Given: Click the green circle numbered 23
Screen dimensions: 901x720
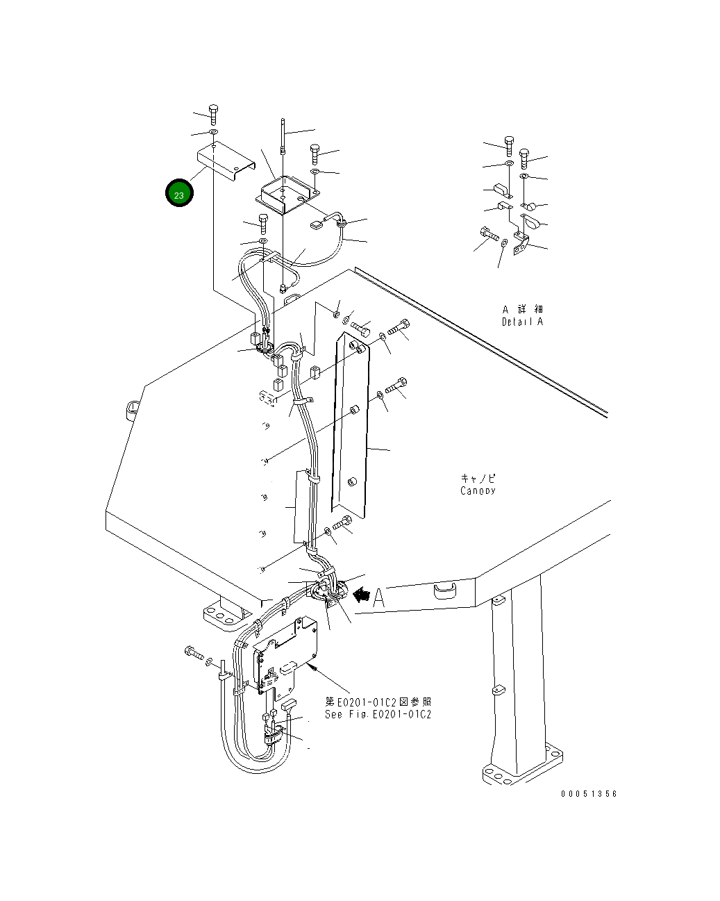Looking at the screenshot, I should (x=179, y=195).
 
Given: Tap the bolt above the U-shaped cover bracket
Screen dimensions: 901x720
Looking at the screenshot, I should (x=213, y=113).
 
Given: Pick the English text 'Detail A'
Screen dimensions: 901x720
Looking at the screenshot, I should (x=523, y=322).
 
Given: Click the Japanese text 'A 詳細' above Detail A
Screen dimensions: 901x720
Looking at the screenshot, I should (x=523, y=308).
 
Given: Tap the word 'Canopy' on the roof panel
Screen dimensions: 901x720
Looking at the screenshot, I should (x=478, y=490).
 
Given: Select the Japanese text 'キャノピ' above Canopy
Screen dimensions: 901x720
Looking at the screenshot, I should (x=478, y=478).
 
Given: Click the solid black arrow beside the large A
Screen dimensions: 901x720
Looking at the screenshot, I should (x=361, y=595).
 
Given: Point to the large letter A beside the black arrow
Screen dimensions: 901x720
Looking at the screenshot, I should (x=378, y=597).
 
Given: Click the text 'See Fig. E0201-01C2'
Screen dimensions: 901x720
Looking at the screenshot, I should (x=378, y=714).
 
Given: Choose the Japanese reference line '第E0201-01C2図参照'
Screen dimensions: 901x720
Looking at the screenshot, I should (x=378, y=702).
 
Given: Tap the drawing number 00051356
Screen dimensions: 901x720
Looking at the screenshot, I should (x=589, y=793).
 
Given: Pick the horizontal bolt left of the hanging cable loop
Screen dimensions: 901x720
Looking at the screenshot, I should (x=192, y=652).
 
